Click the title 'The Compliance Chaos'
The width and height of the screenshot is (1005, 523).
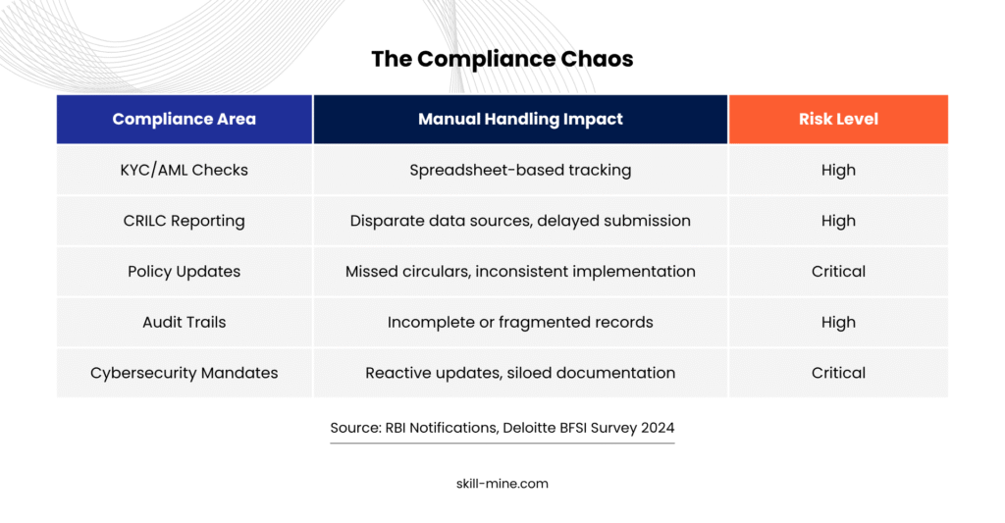click(x=502, y=59)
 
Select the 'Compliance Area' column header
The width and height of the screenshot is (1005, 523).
click(x=184, y=119)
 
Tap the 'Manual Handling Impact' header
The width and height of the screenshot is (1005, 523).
click(x=520, y=119)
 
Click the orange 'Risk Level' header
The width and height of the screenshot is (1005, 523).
click(x=838, y=119)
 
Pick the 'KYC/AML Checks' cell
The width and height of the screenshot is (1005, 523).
click(x=184, y=170)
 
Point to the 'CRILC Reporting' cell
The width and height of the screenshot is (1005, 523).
click(x=184, y=221)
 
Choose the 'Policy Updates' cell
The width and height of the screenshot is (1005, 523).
click(x=184, y=271)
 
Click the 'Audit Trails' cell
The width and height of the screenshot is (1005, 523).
click(x=184, y=322)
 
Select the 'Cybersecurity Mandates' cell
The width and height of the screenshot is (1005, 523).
click(x=184, y=373)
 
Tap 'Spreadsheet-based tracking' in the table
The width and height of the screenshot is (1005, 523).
click(x=520, y=170)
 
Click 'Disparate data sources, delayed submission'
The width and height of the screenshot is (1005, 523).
click(x=520, y=221)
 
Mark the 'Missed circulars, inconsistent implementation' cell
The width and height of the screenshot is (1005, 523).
click(x=520, y=271)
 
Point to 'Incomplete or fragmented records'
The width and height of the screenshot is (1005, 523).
click(x=520, y=322)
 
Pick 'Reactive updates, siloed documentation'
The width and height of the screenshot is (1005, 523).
click(x=520, y=373)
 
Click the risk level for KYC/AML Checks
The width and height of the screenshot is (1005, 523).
click(x=838, y=170)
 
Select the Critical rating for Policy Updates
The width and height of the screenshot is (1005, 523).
click(x=838, y=271)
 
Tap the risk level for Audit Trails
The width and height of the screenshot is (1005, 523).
click(x=838, y=322)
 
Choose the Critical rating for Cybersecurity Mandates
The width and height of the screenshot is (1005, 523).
click(x=838, y=373)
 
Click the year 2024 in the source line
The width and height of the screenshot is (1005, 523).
click(x=658, y=428)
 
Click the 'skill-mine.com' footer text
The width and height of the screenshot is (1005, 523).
click(x=502, y=484)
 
